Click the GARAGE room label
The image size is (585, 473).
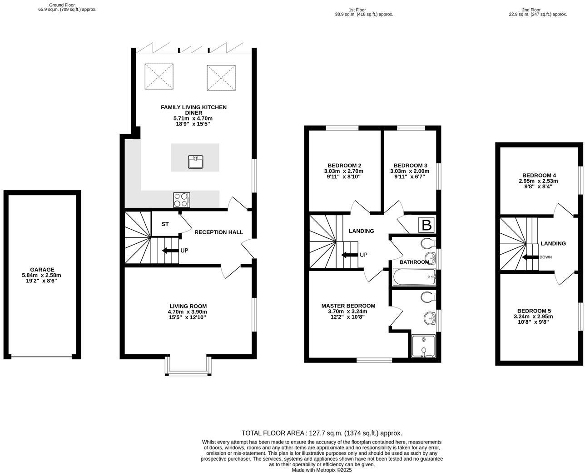click(42, 270)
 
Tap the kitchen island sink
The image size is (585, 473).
click(195, 161)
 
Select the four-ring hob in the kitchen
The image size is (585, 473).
click(181, 200)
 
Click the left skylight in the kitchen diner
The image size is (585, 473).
click(159, 77)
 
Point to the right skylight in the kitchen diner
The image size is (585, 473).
click(221, 78)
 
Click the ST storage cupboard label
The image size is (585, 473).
click(165, 224)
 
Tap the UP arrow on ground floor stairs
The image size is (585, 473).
click(170, 251)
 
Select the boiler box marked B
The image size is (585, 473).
click(426, 225)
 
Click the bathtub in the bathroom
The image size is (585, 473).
click(414, 277)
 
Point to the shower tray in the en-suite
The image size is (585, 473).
click(423, 346)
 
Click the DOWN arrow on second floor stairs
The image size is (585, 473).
click(529, 257)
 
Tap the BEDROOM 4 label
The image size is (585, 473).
click(539, 175)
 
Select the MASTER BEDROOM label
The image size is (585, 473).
click(348, 306)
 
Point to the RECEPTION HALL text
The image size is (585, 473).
click(218, 232)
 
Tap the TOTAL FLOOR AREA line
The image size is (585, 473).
click(321, 433)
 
